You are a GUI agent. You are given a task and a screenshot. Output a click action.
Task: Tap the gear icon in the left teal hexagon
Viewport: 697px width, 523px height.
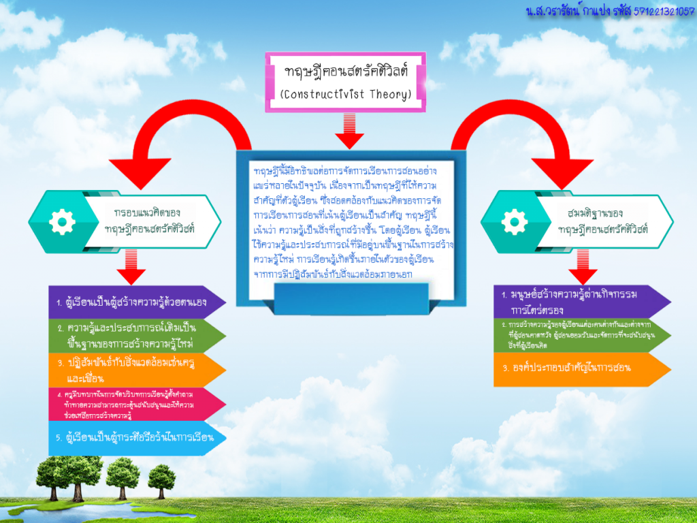pyautogui.click(x=62, y=220)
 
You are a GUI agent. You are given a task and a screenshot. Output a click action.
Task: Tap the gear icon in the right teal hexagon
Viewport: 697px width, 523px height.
pyautogui.click(x=514, y=221)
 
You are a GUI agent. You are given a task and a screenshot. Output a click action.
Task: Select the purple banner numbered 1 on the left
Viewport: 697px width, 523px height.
pyautogui.click(x=136, y=301)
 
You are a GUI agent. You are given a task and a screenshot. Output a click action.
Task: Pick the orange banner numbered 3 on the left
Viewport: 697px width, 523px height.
pyautogui.click(x=136, y=370)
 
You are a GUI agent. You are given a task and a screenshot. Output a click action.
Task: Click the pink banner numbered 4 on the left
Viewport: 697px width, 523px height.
pyautogui.click(x=136, y=405)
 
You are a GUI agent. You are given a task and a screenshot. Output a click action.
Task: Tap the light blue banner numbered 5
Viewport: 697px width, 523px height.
pyautogui.click(x=136, y=437)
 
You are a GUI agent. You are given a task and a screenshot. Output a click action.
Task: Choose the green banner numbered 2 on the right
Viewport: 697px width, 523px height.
pyautogui.click(x=582, y=335)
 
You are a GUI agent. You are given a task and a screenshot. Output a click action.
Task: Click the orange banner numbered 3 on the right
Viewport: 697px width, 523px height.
pyautogui.click(x=582, y=368)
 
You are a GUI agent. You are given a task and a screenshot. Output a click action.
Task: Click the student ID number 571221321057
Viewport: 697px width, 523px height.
pyautogui.click(x=664, y=12)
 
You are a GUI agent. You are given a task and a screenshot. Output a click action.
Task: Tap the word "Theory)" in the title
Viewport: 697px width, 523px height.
pyautogui.click(x=389, y=94)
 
